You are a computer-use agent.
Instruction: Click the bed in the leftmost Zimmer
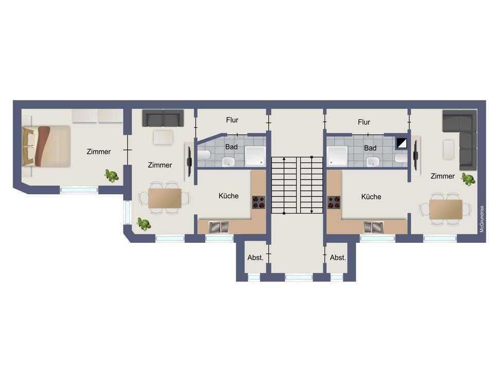(46, 146)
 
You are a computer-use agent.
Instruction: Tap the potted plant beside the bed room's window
(111, 175)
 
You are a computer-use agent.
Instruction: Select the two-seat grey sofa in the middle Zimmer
(163, 119)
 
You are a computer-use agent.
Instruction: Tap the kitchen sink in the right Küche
(373, 226)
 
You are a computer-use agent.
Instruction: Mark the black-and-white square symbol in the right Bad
(401, 143)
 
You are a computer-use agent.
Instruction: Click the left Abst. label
(255, 258)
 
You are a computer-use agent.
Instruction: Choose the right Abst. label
(338, 258)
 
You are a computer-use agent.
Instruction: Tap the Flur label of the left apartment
(232, 121)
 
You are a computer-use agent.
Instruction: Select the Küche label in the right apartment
(371, 196)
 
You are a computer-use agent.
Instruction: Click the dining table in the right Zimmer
(446, 209)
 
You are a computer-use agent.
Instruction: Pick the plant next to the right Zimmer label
(468, 179)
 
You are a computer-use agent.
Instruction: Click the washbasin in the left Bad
(228, 162)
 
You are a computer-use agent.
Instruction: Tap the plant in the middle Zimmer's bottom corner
(143, 224)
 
